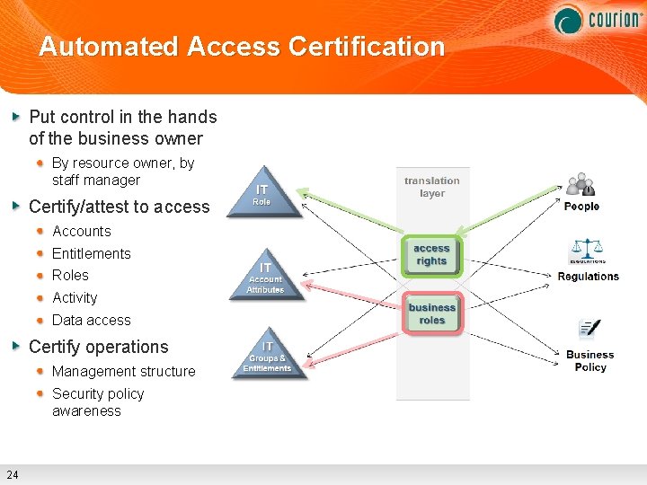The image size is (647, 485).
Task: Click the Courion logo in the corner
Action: pyautogui.click(x=597, y=19)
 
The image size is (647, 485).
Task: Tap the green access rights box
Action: pyautogui.click(x=431, y=255)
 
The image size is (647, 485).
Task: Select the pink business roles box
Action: pyautogui.click(x=432, y=313)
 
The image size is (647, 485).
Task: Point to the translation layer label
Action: pyautogui.click(x=431, y=187)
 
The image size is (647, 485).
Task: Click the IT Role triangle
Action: pyautogui.click(x=262, y=193)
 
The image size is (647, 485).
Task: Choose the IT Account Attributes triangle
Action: pyautogui.click(x=265, y=275)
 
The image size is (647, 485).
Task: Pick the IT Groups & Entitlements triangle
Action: pyautogui.click(x=267, y=356)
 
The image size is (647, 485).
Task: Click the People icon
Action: pyautogui.click(x=581, y=185)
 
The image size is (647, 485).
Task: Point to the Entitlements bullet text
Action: pyautogui.click(x=92, y=253)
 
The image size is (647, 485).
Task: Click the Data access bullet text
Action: pyautogui.click(x=92, y=320)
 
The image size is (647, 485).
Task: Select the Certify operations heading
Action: pyautogui.click(x=99, y=347)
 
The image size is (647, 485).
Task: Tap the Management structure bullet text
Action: pyautogui.click(x=124, y=371)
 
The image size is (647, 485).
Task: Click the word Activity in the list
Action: pyautogui.click(x=75, y=297)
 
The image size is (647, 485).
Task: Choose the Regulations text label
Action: pyautogui.click(x=588, y=277)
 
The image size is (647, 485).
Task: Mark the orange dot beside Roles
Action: pyautogui.click(x=41, y=275)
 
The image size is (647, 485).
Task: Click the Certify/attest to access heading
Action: pyautogui.click(x=120, y=207)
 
